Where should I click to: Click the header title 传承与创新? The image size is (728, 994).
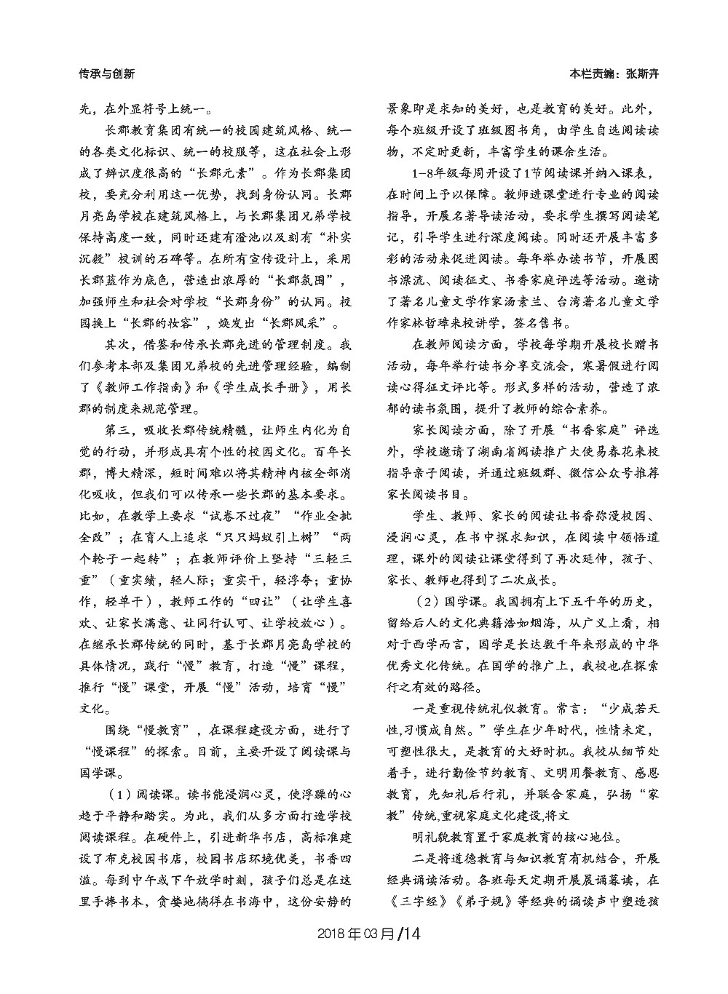(106, 73)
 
